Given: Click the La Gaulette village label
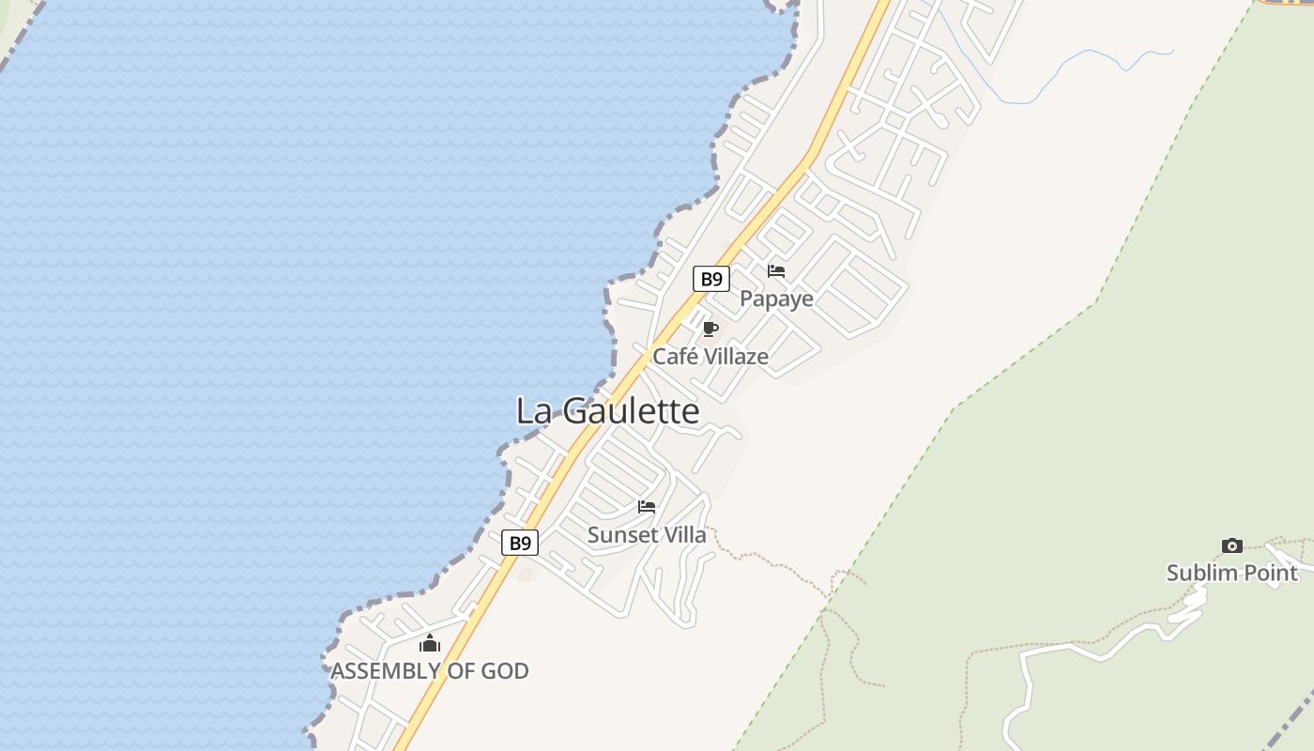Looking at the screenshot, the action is pyautogui.click(x=607, y=411).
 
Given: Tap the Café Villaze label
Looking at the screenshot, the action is pyautogui.click(x=710, y=357).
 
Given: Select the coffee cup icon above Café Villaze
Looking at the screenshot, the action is pyautogui.click(x=710, y=329).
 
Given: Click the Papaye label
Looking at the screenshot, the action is pyautogui.click(x=776, y=299).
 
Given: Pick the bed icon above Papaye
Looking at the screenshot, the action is pyautogui.click(x=776, y=271).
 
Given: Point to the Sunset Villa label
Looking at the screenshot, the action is pyautogui.click(x=647, y=535).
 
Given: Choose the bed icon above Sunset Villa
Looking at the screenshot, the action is pyautogui.click(x=647, y=507).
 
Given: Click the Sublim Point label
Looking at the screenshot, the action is pyautogui.click(x=1231, y=573).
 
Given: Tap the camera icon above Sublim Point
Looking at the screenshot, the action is pyautogui.click(x=1231, y=545).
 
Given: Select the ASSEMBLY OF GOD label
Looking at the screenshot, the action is pyautogui.click(x=430, y=671).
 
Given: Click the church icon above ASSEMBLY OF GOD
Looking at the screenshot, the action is pyautogui.click(x=430, y=643).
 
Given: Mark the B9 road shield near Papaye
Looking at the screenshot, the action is pyautogui.click(x=711, y=279).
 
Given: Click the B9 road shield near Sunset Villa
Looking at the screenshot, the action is pyautogui.click(x=520, y=543).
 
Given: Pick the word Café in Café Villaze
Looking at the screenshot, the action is pyautogui.click(x=672, y=357).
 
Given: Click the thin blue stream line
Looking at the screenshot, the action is pyautogui.click(x=1079, y=66).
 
